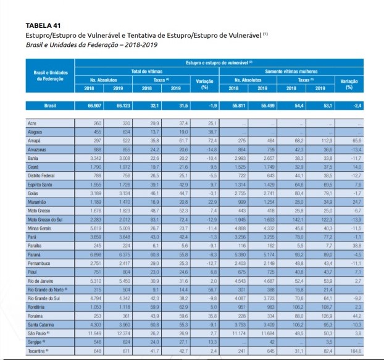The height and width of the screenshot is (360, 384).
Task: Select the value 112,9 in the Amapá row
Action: [320, 140]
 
